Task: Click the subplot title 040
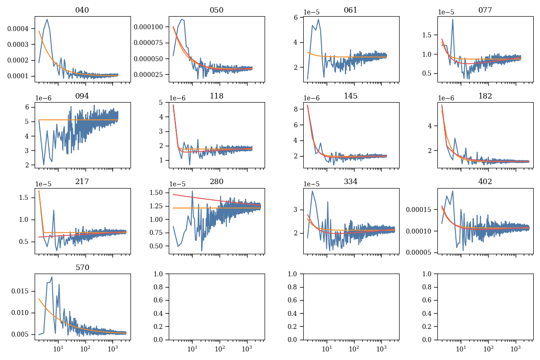[82, 10]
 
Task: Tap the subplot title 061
[351, 10]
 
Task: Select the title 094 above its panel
[82, 96]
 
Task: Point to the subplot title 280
[216, 182]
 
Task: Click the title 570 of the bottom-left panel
[82, 267]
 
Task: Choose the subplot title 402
[485, 182]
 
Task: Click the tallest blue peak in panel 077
[453, 19]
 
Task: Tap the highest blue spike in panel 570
[52, 277]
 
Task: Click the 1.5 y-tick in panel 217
[26, 198]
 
